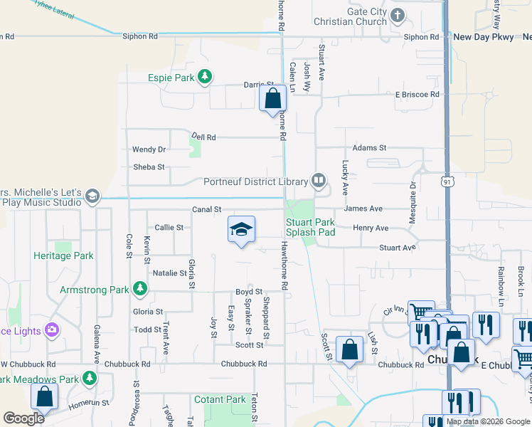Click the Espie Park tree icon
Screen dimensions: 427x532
(x=205, y=77)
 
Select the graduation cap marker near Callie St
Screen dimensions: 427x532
(x=241, y=230)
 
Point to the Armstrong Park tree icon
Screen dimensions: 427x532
(x=141, y=289)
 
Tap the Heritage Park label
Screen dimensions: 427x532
(x=63, y=255)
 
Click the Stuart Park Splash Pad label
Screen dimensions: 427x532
(x=310, y=227)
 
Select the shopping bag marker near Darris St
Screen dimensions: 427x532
(x=272, y=98)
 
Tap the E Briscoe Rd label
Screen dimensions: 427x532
(x=417, y=94)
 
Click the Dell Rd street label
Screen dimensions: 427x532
(x=203, y=137)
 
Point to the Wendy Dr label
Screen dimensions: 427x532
(x=149, y=149)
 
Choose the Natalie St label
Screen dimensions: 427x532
(x=169, y=273)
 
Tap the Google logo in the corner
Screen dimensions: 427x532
(x=24, y=418)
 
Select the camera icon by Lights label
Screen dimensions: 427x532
(x=51, y=330)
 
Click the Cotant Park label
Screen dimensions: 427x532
(x=220, y=400)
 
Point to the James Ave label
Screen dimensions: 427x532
(x=363, y=209)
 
